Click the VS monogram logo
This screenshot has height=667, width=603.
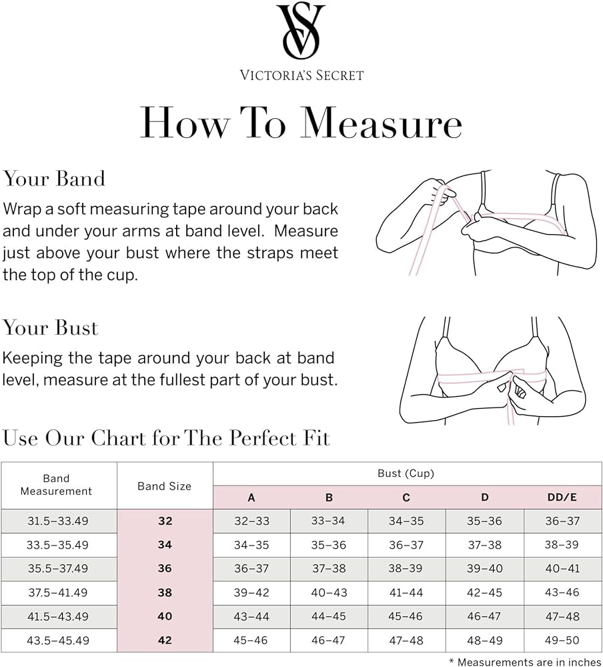click(x=301, y=32)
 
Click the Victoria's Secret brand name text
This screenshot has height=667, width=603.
click(x=301, y=75)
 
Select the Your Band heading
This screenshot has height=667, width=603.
click(x=54, y=179)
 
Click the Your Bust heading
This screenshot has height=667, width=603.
click(x=50, y=328)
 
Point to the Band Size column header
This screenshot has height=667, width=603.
click(x=165, y=486)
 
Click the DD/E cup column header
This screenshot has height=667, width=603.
click(x=562, y=498)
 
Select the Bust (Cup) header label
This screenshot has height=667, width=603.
click(x=406, y=474)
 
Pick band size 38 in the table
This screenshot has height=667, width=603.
click(x=165, y=592)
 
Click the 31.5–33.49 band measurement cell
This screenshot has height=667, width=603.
click(x=57, y=521)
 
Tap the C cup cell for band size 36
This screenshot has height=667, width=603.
click(x=406, y=569)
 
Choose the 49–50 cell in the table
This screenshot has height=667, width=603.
click(x=562, y=640)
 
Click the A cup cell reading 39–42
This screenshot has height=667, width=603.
click(x=251, y=592)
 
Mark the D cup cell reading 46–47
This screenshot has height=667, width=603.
click(x=484, y=616)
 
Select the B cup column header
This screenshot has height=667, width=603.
click(x=329, y=498)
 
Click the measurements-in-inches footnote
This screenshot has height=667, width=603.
click(x=526, y=661)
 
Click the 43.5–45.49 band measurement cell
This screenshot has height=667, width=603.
click(x=57, y=640)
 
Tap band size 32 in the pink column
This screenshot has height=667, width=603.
click(x=165, y=521)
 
